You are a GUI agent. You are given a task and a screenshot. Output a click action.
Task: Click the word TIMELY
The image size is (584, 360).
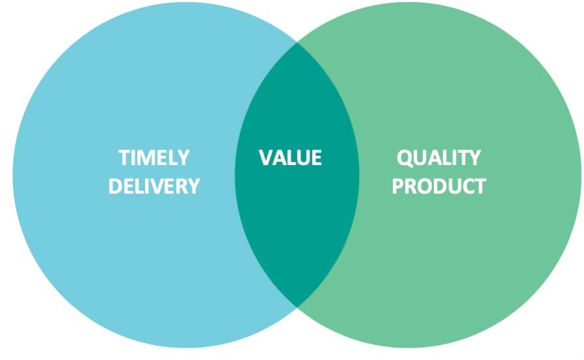tap(154, 157)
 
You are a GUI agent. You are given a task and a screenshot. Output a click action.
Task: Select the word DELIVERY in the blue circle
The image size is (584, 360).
tap(154, 186)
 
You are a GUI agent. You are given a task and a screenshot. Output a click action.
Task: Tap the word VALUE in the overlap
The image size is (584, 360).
tap(290, 157)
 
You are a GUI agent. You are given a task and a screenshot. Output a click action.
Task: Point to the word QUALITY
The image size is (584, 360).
tap(439, 158)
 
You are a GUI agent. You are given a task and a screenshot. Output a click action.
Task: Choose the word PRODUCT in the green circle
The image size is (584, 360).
tap(439, 186)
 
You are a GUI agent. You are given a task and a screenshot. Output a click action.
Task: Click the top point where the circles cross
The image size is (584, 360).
tap(297, 43)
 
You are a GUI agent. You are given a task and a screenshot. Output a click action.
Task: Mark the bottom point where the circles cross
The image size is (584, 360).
tap(297, 307)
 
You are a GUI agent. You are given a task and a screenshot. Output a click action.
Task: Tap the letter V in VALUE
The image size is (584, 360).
tap(266, 157)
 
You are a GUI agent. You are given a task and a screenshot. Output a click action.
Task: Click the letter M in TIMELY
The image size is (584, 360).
tap(144, 157)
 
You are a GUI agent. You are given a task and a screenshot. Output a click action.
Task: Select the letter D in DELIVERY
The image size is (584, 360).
tap(116, 186)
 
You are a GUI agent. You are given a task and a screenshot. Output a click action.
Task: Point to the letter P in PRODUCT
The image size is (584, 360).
tap(398, 186)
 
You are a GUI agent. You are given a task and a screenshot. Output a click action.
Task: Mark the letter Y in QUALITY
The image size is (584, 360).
tap(474, 157)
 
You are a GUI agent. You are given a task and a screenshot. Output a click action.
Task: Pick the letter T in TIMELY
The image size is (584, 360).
tap(124, 157)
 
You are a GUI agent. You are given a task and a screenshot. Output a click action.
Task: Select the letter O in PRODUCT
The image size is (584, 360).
tap(422, 186)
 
